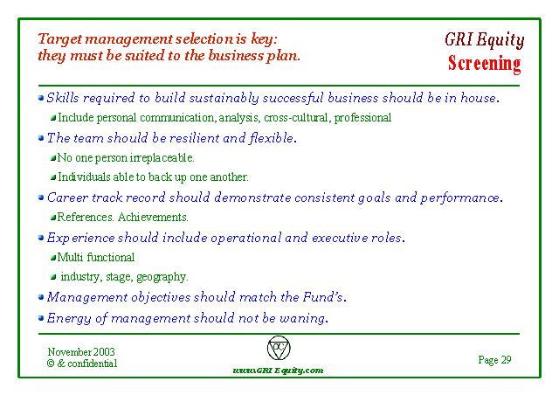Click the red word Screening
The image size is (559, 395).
pyautogui.click(x=484, y=64)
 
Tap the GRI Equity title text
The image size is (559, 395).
pyautogui.click(x=484, y=39)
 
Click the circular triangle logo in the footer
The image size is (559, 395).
pyautogui.click(x=279, y=348)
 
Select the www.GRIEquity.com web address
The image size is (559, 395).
pyautogui.click(x=278, y=371)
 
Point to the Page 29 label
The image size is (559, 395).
pyautogui.click(x=494, y=360)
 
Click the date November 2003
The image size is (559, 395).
pyautogui.click(x=81, y=352)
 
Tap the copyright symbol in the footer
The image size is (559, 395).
pyautogui.click(x=51, y=364)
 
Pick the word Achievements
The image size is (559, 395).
pyautogui.click(x=153, y=217)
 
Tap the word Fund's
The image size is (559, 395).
pyautogui.click(x=323, y=297)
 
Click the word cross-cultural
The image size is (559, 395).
pyautogui.click(x=296, y=118)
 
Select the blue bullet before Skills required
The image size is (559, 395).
pyautogui.click(x=41, y=97)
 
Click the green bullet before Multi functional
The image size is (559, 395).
pyautogui.click(x=53, y=257)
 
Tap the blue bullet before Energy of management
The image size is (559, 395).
pyautogui.click(x=41, y=317)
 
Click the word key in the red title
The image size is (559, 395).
pyautogui.click(x=263, y=39)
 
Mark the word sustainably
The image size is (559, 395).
pyautogui.click(x=224, y=98)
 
